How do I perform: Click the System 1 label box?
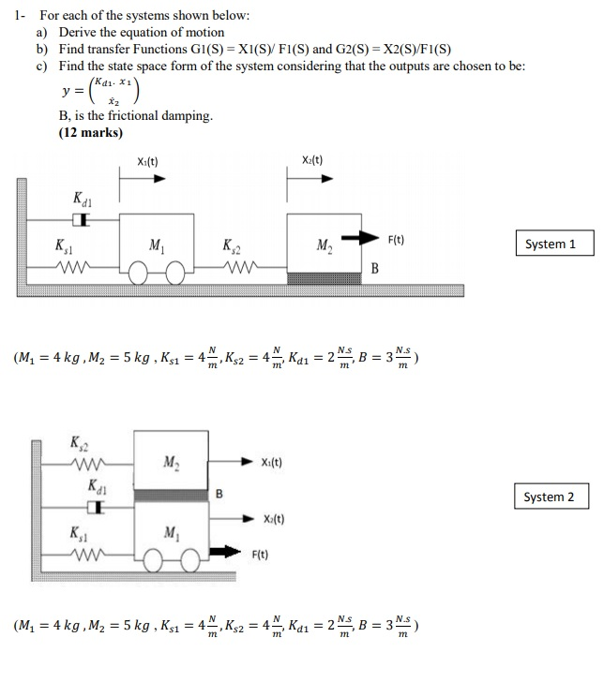coord(551,245)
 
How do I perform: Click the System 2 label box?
coord(551,497)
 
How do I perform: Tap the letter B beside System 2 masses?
coord(219,493)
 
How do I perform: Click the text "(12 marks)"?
coord(90,132)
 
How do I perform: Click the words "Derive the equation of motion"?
coord(142,32)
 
